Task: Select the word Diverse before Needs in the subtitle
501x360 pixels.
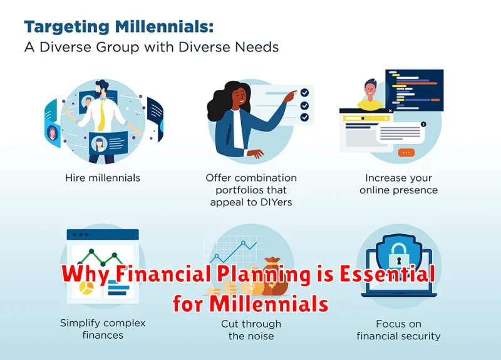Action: (x=205, y=48)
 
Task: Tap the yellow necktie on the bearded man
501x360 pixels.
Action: (x=102, y=115)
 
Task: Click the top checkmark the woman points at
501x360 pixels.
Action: (x=304, y=93)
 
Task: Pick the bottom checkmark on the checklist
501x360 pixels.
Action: (x=304, y=118)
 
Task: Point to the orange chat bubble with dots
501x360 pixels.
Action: (x=406, y=153)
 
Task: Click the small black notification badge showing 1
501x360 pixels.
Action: (x=423, y=124)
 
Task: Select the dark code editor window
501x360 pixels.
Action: (x=415, y=90)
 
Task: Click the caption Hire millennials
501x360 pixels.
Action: (x=103, y=178)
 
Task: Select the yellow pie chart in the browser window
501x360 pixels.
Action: (x=86, y=288)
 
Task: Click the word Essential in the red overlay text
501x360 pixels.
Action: (x=387, y=274)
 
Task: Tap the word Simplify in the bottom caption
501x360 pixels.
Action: (x=78, y=324)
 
